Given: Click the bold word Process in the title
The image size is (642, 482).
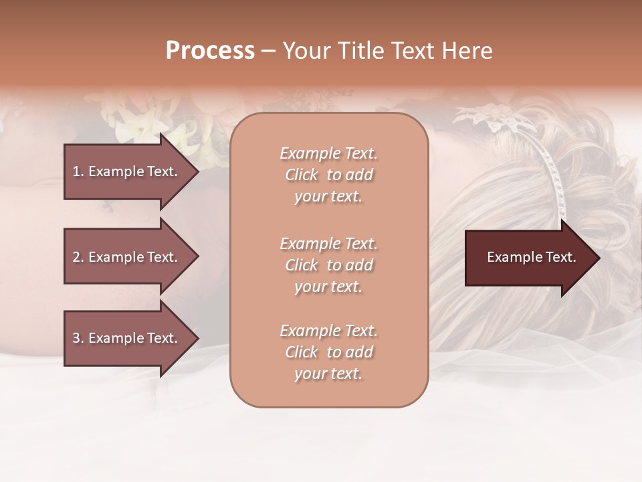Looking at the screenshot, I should click(x=210, y=51).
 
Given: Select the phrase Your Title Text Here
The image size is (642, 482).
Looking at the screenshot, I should click(x=387, y=51).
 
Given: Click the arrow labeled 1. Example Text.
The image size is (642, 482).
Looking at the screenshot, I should click(x=126, y=171).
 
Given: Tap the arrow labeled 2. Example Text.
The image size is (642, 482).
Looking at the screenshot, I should click(x=126, y=257).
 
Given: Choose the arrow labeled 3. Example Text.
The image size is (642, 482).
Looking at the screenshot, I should click(x=126, y=339).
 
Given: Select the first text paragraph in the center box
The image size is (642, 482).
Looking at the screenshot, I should click(x=328, y=175).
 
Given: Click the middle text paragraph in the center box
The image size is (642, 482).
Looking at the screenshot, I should click(x=328, y=265).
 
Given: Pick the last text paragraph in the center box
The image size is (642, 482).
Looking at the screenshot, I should click(x=328, y=352).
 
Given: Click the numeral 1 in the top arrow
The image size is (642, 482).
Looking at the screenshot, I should click(x=76, y=171).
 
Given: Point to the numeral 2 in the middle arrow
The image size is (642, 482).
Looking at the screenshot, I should click(x=76, y=257).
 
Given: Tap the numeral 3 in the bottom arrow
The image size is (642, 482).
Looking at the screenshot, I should click(x=76, y=339).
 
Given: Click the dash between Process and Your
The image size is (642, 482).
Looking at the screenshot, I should click(x=269, y=52).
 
